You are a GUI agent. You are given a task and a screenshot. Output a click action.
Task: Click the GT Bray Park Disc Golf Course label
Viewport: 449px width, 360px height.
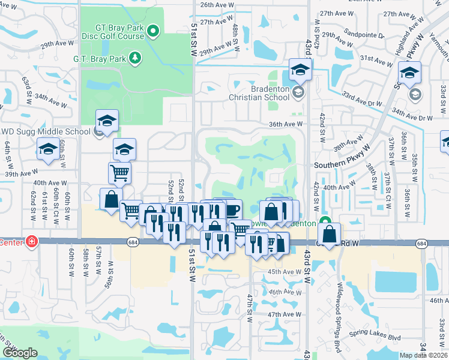click(x=119, y=31)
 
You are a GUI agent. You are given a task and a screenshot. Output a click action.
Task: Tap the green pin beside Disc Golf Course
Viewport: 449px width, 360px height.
click(x=154, y=29)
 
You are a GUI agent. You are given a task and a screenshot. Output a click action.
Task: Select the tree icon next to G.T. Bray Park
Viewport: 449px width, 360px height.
click(x=136, y=58)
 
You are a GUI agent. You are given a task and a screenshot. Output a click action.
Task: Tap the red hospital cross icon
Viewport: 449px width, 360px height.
click(x=31, y=242)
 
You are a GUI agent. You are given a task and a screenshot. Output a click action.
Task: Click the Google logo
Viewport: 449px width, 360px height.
click(x=19, y=352)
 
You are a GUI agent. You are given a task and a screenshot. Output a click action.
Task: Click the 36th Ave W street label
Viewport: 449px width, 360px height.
click(x=285, y=124)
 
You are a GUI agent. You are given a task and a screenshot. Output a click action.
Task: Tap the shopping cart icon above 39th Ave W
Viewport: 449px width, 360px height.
click(x=120, y=173)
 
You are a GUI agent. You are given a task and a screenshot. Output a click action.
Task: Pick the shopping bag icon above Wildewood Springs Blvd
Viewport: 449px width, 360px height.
click(x=329, y=233)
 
